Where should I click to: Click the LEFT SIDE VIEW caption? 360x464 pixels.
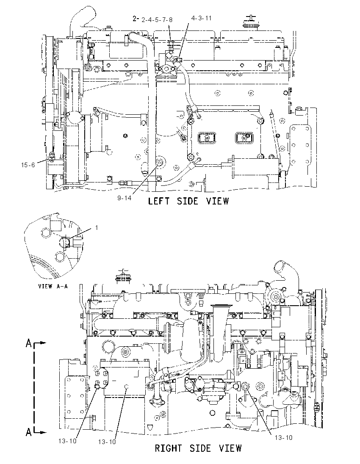click(x=188, y=201)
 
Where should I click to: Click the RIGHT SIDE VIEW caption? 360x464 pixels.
click(x=198, y=448)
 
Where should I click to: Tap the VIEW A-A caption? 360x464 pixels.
click(x=53, y=286)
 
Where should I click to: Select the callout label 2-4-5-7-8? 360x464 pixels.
click(x=157, y=20)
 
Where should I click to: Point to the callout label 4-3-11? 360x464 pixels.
click(x=201, y=18)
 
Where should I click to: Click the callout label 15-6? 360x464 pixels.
click(x=28, y=165)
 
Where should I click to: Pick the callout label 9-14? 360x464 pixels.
click(x=124, y=198)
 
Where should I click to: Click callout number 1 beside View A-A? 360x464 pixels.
click(x=97, y=228)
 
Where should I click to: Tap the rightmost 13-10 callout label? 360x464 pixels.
click(x=283, y=438)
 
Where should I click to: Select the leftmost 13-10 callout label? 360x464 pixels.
click(x=67, y=441)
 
